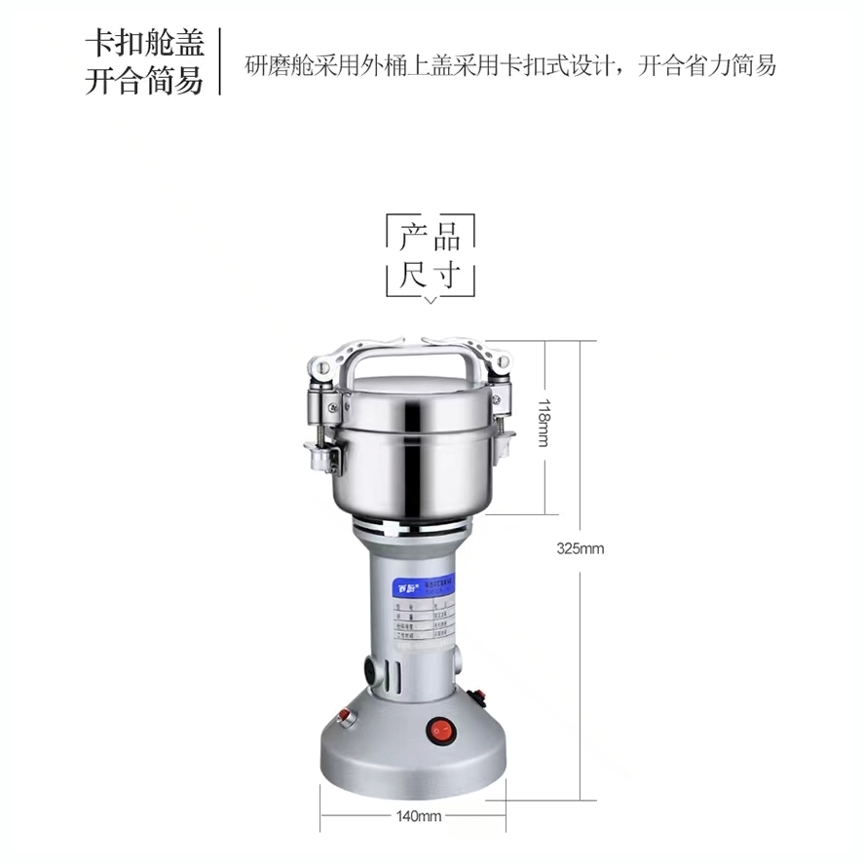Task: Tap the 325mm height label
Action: click(x=581, y=548)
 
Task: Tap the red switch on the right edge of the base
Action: click(x=477, y=696)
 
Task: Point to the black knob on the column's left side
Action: click(x=372, y=671)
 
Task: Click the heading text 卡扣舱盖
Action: click(x=145, y=43)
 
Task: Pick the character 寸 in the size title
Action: click(x=447, y=274)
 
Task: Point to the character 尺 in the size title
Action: click(x=413, y=274)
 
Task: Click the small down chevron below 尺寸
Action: click(x=431, y=301)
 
